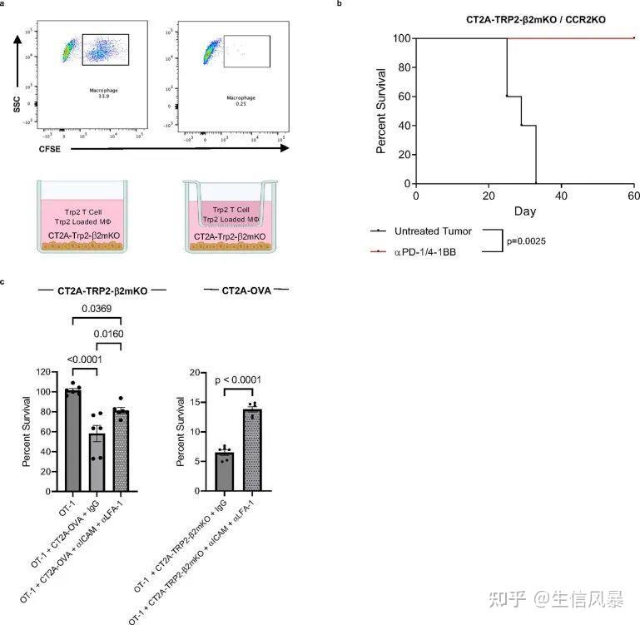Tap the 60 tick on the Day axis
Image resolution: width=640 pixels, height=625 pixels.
pos(633,195)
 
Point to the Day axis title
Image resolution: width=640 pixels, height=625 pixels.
pos(524,211)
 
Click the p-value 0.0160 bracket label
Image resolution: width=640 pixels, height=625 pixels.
pos(108,335)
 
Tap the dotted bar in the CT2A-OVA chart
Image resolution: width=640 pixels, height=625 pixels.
pos(252,449)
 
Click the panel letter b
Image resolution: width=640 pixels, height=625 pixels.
pos(339,4)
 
